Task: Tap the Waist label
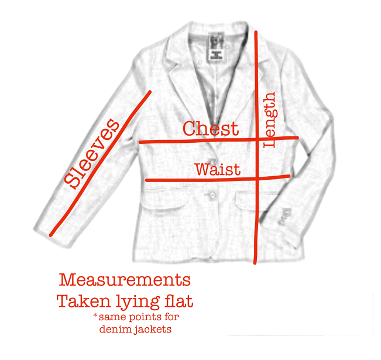point(217,169)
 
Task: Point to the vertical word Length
point(270,119)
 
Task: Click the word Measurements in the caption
point(125,279)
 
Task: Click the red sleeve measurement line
point(99,164)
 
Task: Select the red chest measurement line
point(176,141)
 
